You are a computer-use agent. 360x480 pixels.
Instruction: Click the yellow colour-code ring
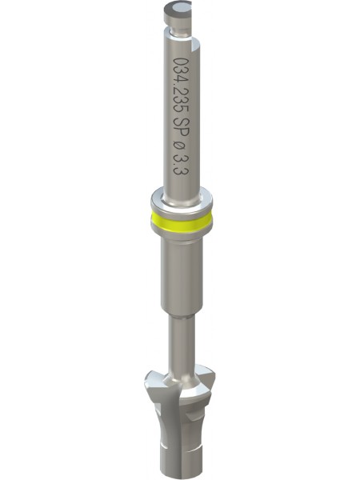coord(182,222)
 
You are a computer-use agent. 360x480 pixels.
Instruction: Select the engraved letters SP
coord(181,128)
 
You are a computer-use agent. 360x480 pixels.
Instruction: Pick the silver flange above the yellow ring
coord(182,199)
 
